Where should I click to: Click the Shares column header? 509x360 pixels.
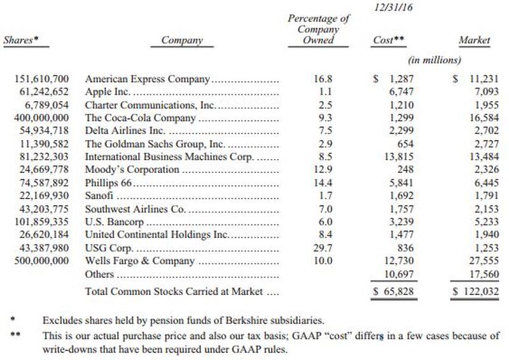pos(21,40)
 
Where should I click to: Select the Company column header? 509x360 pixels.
pos(182,40)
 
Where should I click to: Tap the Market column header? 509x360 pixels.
pos(474,40)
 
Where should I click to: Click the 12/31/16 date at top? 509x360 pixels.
pos(393,7)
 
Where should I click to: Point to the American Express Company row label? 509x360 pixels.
pos(148,79)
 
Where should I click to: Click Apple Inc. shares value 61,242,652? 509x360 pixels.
pos(44,92)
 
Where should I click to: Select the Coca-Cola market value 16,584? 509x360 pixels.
pos(484,118)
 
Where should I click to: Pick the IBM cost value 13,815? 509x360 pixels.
pos(399,157)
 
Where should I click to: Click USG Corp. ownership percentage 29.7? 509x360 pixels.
pos(323,248)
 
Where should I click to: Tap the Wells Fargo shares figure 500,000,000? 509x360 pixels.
pos(41,261)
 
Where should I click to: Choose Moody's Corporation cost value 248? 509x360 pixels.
pos(405,169)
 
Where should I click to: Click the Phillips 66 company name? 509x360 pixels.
pos(108,183)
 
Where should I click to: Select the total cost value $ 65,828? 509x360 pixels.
pos(393,291)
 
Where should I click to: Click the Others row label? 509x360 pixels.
pos(99,274)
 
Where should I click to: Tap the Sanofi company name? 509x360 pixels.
pos(99,196)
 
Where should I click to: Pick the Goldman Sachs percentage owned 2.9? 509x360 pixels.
pos(326,144)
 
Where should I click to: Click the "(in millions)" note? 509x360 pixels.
pos(435,60)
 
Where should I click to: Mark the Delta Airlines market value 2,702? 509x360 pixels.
pos(487,130)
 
